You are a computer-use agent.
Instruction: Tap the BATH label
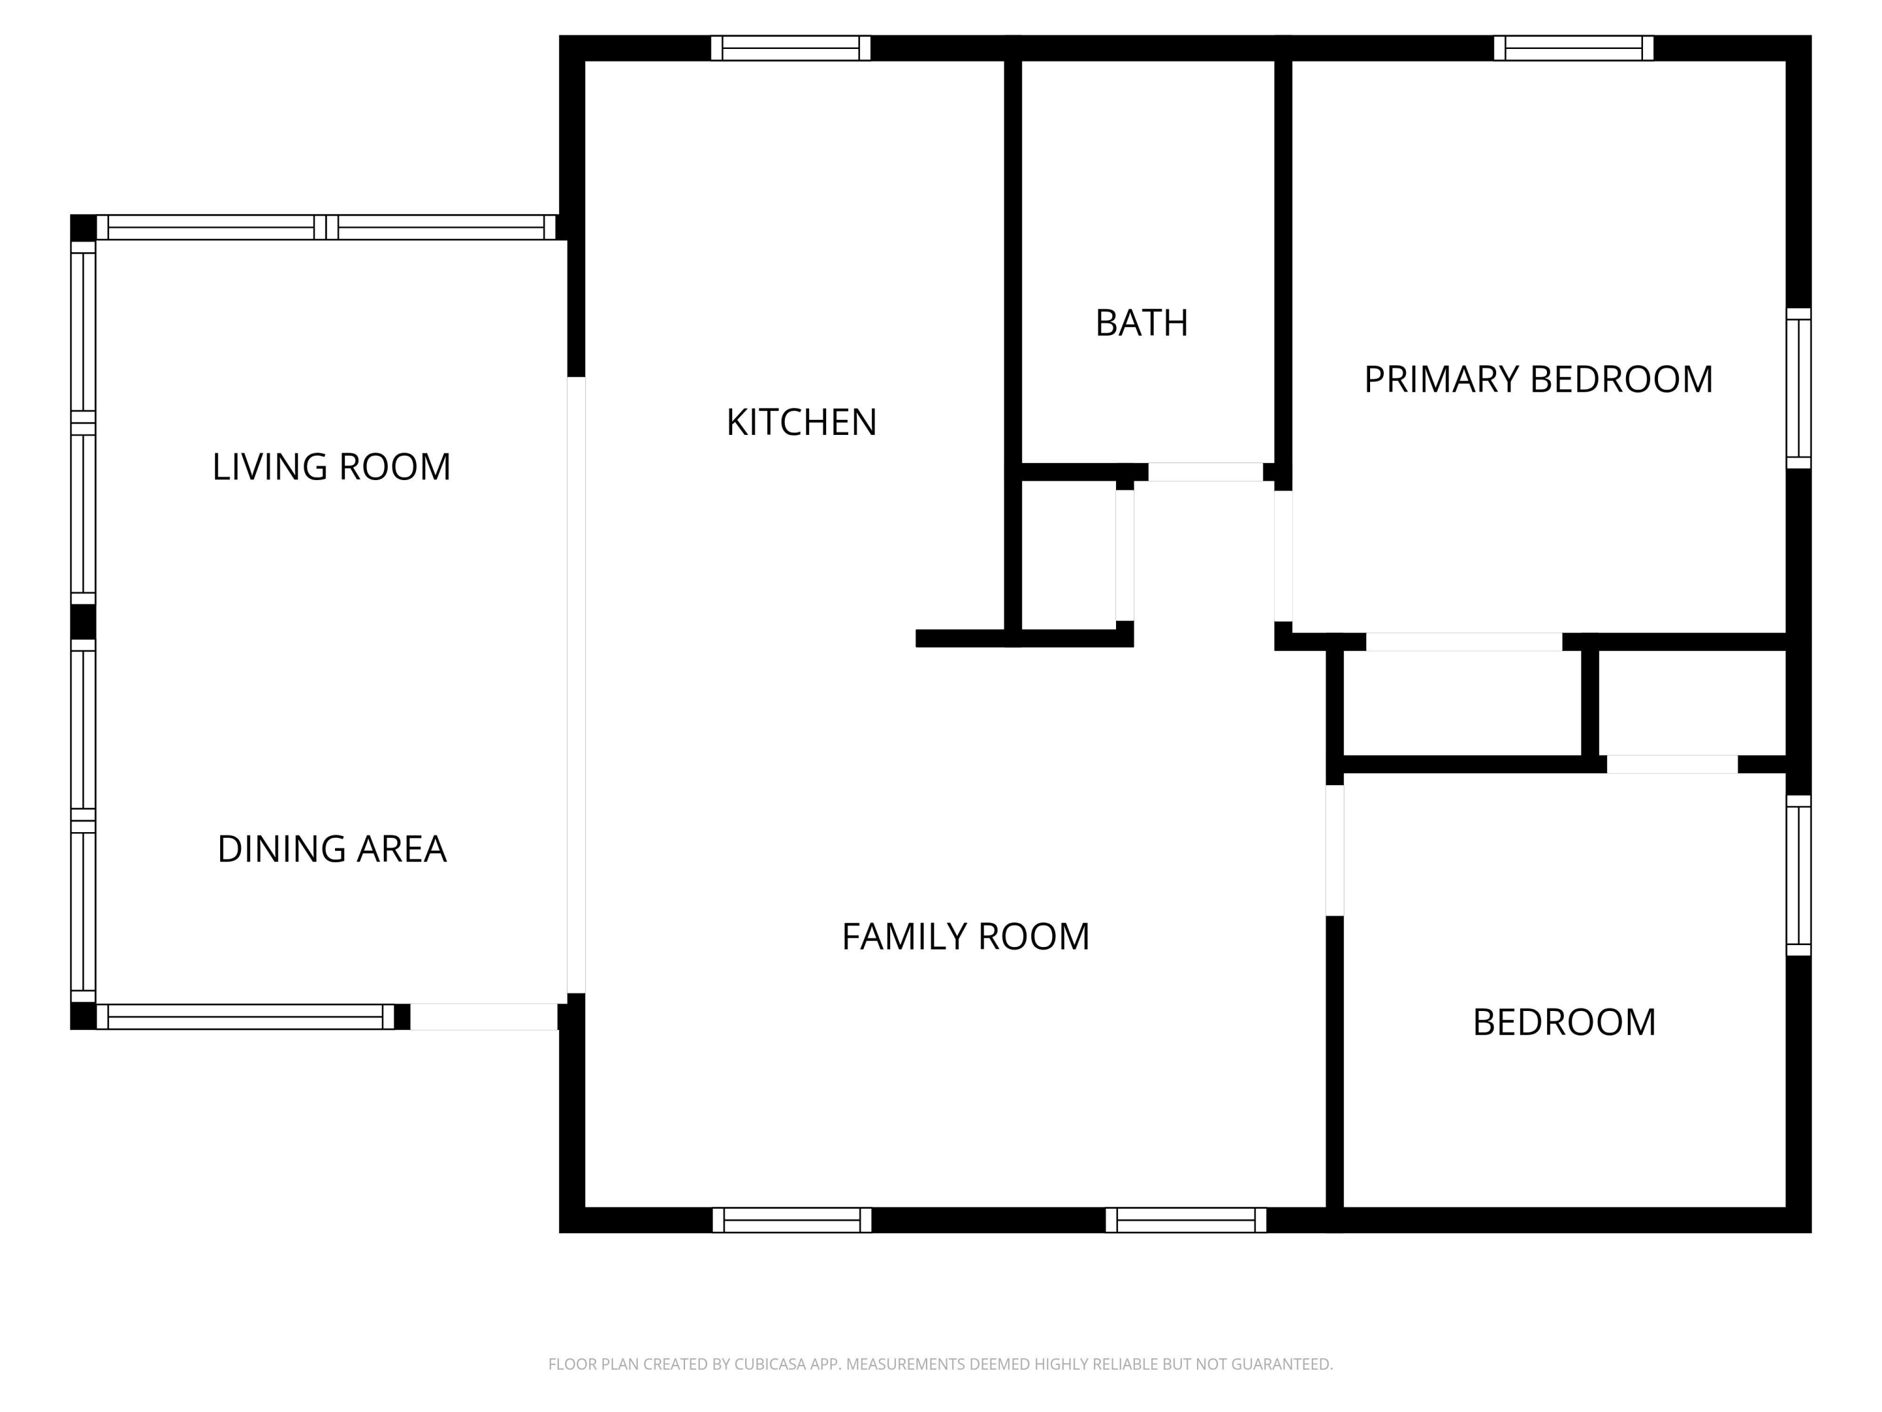pos(1141,323)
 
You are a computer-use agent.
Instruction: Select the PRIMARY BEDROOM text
pos(1538,380)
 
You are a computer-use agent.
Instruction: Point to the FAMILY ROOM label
pos(965,937)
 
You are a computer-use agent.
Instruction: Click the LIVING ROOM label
pos(331,468)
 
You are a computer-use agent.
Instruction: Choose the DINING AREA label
pos(332,850)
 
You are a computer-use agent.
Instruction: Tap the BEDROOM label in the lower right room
pos(1564,1022)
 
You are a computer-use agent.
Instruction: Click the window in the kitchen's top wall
pos(790,48)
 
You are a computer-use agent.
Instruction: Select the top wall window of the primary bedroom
pos(1573,48)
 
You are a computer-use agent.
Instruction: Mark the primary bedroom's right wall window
pos(1798,388)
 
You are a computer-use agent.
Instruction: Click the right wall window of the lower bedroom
pos(1798,875)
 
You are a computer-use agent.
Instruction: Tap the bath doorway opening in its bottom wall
pos(1206,473)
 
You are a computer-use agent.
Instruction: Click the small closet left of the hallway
pos(1068,555)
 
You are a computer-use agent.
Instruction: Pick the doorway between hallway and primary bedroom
pos(1283,557)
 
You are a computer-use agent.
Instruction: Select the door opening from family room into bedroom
pos(1335,850)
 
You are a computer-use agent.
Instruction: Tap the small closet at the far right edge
pos(1691,703)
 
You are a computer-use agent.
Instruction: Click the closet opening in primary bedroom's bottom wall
pos(1464,642)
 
